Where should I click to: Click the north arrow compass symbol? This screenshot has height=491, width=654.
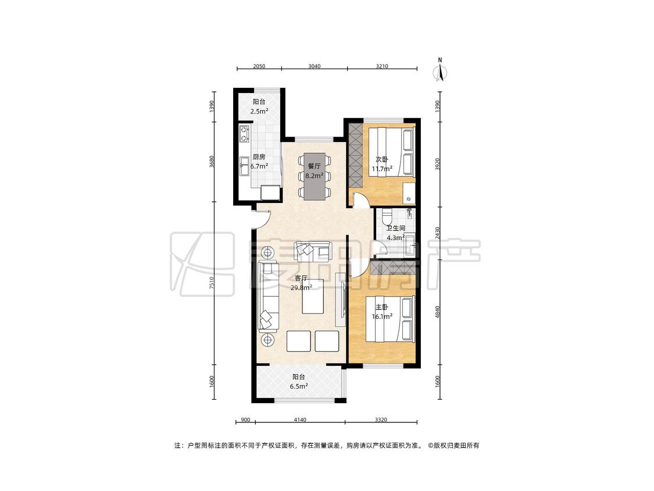(x=440, y=70)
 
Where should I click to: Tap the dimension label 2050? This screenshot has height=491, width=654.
(x=259, y=66)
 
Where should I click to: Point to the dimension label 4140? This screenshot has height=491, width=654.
(x=300, y=419)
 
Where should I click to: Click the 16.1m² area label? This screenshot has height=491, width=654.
(x=382, y=316)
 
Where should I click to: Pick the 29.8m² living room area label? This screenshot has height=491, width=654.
(x=301, y=287)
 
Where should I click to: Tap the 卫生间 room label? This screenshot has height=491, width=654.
(x=396, y=229)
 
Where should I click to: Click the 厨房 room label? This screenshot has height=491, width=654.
(x=259, y=157)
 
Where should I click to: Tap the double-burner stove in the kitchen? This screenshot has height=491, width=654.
(x=244, y=134)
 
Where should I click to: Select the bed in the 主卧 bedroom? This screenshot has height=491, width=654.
(x=391, y=319)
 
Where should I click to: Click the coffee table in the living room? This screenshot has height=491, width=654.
(x=313, y=296)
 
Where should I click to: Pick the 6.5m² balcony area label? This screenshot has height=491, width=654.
(x=299, y=387)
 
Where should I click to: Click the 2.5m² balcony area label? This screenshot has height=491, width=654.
(x=259, y=112)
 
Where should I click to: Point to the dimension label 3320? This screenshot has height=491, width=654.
(x=381, y=419)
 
